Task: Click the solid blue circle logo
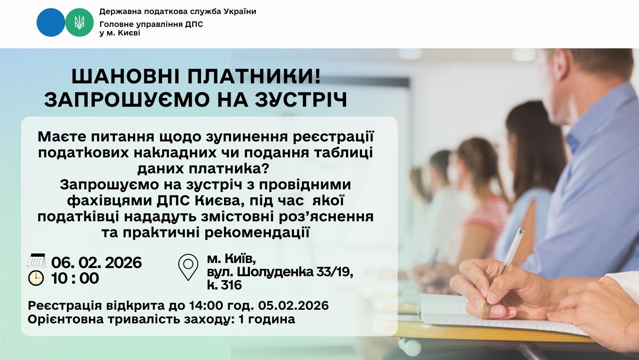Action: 51,22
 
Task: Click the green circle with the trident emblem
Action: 79,22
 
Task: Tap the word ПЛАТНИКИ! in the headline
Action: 254,77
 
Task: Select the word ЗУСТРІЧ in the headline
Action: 301,100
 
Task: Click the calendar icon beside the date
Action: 36,260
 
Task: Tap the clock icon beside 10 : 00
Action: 36,278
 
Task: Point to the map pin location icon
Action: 188,267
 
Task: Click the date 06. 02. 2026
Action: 96,263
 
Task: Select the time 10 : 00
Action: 75,278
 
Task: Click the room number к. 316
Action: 224,285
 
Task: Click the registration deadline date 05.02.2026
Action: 293,305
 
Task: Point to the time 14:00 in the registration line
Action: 206,305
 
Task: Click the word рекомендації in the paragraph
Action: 257,233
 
